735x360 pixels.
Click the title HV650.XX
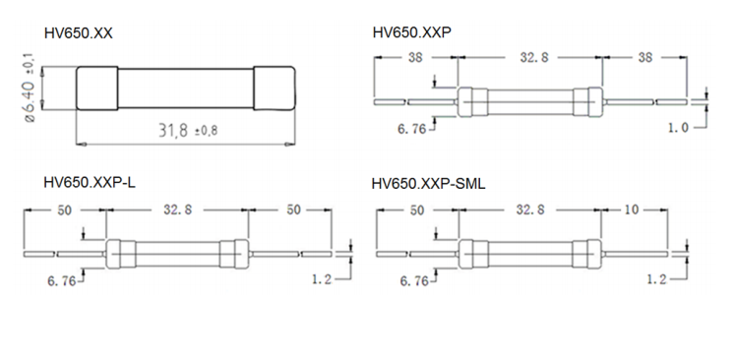(79, 33)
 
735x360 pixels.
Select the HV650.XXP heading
(412, 32)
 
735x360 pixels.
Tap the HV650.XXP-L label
(90, 182)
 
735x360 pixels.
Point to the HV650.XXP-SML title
(428, 184)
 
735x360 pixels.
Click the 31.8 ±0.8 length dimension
(188, 130)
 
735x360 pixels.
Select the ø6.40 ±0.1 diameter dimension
(30, 90)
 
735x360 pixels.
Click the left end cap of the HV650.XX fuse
(96, 89)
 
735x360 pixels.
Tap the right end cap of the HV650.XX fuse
(275, 89)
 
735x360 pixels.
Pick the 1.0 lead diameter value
(678, 128)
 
